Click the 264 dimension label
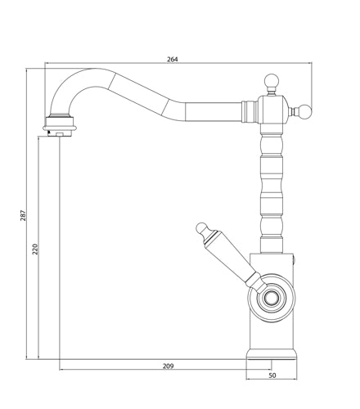coord(173,59)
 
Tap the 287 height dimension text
coord(24,215)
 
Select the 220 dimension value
coord(35,249)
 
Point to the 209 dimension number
coord(169,366)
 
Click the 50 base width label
coord(272,375)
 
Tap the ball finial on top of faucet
coord(272,81)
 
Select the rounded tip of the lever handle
coord(201,227)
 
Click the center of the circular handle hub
coord(271,297)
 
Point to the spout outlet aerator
coord(60,127)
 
